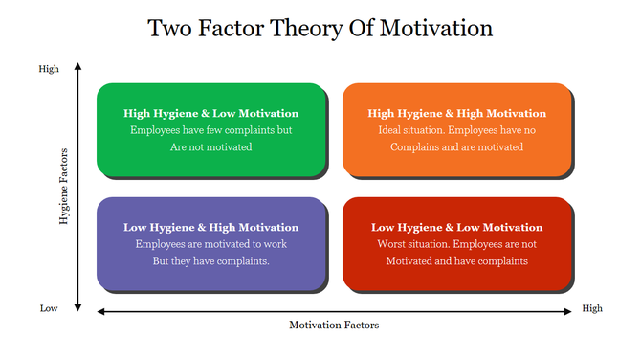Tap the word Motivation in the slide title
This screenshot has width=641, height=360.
coord(437,28)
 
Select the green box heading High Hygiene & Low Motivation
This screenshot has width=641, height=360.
coord(210,113)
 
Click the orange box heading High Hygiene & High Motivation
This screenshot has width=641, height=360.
coord(456,113)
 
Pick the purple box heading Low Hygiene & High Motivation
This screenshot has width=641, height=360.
coord(210,227)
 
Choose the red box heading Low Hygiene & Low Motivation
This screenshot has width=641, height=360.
coord(456,227)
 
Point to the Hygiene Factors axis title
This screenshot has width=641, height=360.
coord(64,187)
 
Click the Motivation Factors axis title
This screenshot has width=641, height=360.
coord(334,326)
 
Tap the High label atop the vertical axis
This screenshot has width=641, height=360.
coord(48,69)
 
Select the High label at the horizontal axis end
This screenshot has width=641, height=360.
coord(592,308)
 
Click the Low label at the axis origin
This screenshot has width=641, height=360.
coord(48,308)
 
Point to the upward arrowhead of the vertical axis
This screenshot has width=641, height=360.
coord(78,65)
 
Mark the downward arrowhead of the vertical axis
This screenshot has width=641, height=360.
coord(78,307)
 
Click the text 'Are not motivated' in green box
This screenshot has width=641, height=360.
coord(210,147)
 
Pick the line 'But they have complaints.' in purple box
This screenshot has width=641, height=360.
coord(210,260)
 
